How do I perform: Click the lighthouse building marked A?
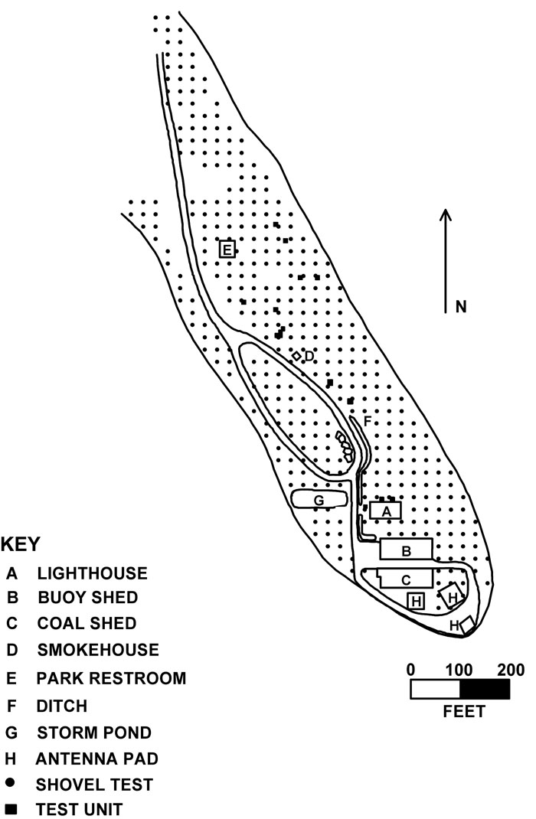coord(386,511)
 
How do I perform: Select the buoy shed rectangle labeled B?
coord(407,549)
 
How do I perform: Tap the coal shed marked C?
coord(405,579)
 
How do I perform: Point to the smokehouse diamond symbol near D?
coord(296,356)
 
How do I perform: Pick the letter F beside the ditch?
coord(368,421)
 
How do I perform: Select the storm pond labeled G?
coord(319,499)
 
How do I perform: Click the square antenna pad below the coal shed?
coord(417,601)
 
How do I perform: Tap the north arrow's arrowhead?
coord(445,214)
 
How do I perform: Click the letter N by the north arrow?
coord(461,306)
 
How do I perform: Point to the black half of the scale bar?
coord(485,690)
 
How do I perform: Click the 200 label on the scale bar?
coord(511,670)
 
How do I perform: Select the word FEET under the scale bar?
coord(464,711)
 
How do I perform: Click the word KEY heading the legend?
coord(21,544)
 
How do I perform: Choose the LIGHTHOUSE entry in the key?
coord(92,573)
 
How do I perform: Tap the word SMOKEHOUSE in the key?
coord(98,650)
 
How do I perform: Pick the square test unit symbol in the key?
coord(11,808)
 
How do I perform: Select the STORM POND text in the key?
coord(94,733)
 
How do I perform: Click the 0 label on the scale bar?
coord(410,670)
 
